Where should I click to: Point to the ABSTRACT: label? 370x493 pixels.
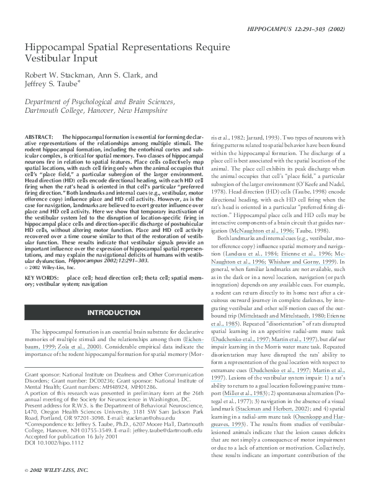point(38,136)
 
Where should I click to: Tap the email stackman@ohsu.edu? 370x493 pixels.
point(149,419)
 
